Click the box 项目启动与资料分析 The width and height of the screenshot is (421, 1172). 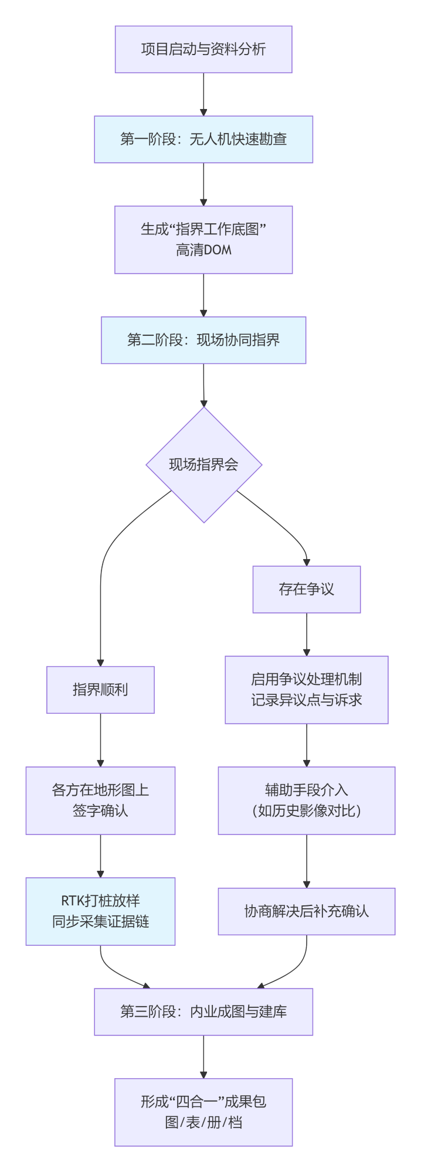[203, 49]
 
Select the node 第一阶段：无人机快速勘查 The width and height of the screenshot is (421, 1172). [203, 139]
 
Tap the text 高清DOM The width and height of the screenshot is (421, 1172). [203, 250]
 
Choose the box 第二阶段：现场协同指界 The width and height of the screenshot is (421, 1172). [203, 340]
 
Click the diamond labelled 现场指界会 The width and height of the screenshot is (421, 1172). [203, 465]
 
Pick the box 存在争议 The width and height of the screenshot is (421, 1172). [306, 590]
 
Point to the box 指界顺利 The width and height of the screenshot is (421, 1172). [100, 690]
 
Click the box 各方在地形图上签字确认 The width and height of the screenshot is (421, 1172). [100, 800]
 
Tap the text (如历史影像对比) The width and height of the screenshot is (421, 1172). [306, 811]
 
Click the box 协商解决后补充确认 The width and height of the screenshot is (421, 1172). [306, 911]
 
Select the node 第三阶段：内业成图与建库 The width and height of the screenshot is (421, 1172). [203, 1012]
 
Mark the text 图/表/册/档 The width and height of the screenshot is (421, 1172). [203, 1123]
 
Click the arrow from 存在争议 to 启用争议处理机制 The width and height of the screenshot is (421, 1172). [306, 634]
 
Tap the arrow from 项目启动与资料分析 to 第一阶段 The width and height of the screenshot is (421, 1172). [203, 94]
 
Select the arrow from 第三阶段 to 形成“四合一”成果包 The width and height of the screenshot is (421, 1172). [203, 1057]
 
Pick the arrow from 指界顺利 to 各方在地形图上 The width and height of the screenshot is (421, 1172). [100, 740]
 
